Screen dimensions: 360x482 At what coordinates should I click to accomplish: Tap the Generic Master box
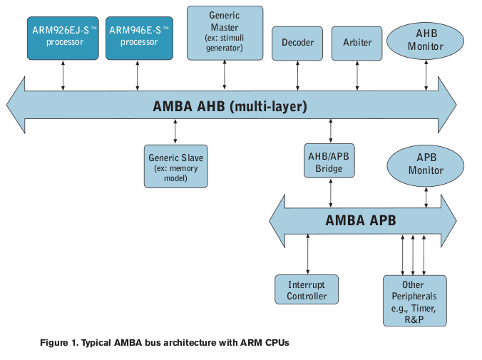pos(225,33)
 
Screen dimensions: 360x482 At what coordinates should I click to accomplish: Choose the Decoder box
pos(297,43)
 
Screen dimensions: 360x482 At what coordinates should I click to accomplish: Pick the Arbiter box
pos(357,43)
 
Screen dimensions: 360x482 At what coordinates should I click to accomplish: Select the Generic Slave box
pos(175,166)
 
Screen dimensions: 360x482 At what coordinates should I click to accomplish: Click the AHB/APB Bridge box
pos(329,163)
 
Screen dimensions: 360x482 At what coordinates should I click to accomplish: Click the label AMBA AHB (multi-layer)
pos(230,107)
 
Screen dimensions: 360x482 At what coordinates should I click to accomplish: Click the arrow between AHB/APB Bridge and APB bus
pos(329,190)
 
